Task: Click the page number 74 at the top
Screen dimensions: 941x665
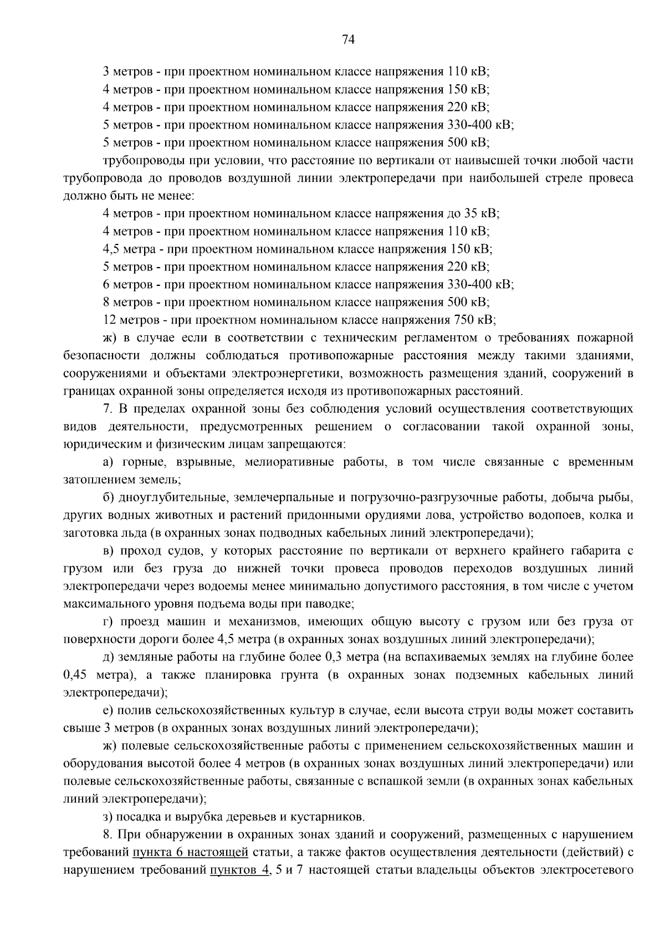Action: click(349, 39)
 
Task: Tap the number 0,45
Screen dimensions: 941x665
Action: click(76, 675)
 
